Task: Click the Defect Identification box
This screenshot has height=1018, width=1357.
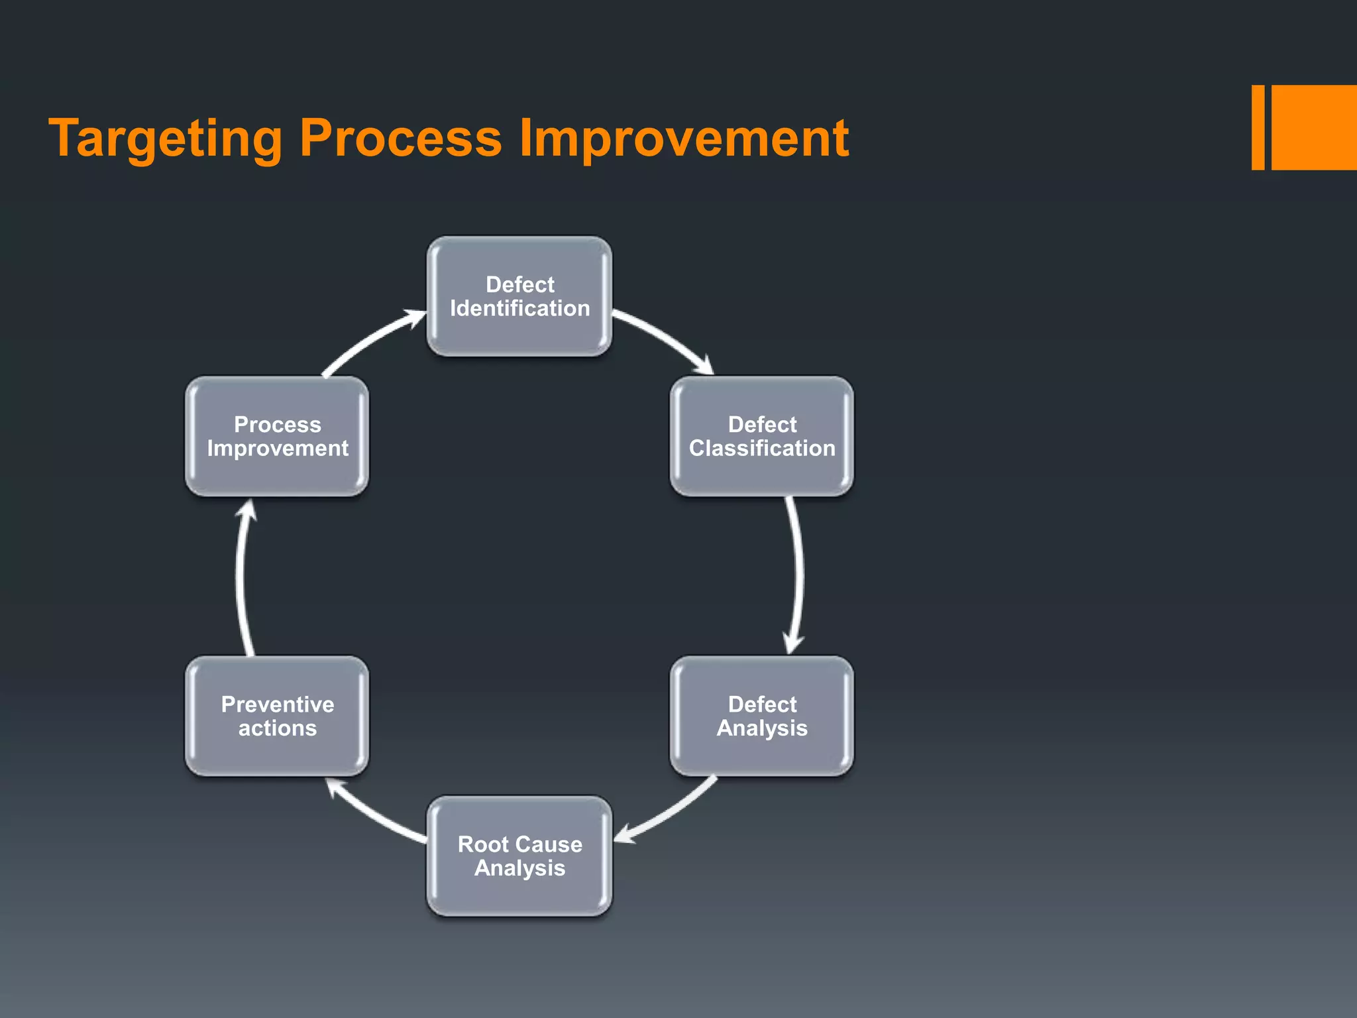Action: click(519, 296)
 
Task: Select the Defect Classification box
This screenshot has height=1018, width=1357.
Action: click(761, 436)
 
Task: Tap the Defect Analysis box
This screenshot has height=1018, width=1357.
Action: click(761, 716)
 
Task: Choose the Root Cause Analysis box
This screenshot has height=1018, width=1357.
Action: click(519, 856)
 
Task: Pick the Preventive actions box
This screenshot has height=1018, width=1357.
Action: click(277, 716)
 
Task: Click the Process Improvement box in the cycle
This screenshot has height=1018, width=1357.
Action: click(277, 436)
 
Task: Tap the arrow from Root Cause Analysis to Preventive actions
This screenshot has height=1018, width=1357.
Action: click(374, 816)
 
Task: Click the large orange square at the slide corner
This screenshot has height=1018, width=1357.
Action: click(1313, 127)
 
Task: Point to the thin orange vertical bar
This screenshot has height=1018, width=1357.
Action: click(1258, 127)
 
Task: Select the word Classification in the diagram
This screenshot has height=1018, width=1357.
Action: click(762, 449)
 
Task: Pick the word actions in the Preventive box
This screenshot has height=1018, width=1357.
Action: click(277, 728)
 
